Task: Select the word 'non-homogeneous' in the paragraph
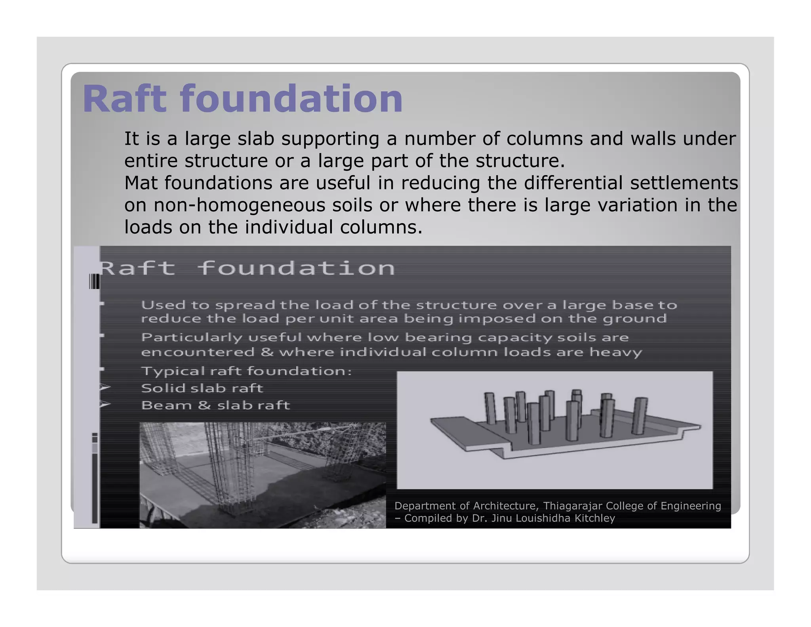click(263, 205)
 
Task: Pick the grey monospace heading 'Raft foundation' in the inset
click(247, 268)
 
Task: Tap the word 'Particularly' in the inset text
click(192, 338)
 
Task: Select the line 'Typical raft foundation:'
click(246, 371)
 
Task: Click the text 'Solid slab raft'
click(202, 388)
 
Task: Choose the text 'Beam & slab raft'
click(215, 405)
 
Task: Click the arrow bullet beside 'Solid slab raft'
click(105, 388)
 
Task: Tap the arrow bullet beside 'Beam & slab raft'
click(105, 405)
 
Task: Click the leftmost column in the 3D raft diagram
click(490, 408)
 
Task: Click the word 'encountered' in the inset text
click(198, 352)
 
